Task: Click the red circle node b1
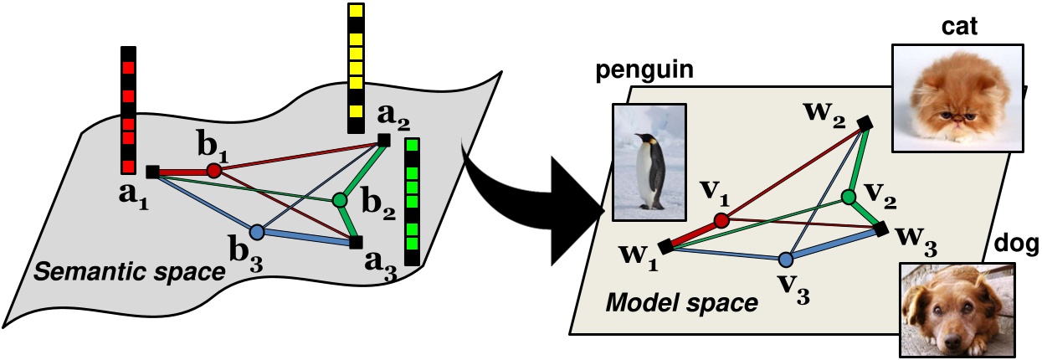(213, 171)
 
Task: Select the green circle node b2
(339, 200)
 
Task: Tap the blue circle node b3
(257, 231)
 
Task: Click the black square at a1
(152, 172)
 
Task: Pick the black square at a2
(383, 140)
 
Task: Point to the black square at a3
(356, 243)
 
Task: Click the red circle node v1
(721, 221)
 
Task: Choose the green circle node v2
(848, 198)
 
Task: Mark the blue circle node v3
(785, 260)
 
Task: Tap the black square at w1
(666, 246)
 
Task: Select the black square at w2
(865, 123)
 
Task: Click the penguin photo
(649, 162)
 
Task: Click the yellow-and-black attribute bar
(356, 67)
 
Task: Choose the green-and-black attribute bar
(412, 201)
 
